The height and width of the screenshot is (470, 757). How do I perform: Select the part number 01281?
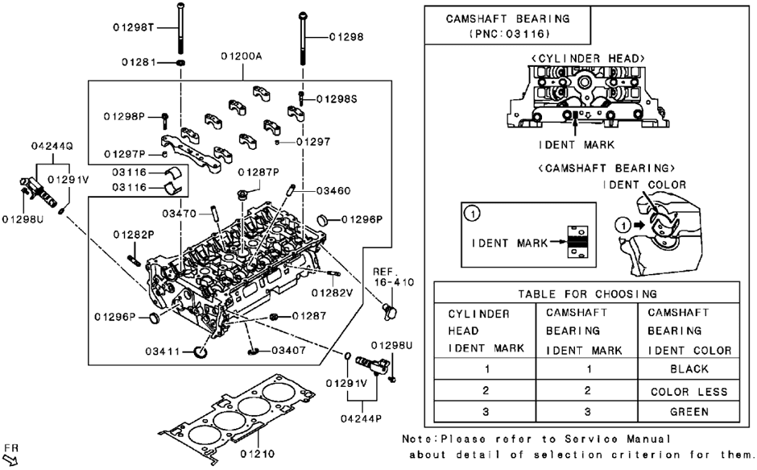pos(140,61)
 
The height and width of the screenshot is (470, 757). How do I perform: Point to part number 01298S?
pos(337,98)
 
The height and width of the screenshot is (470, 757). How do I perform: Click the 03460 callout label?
pos(332,192)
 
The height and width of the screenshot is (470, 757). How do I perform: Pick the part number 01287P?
pos(258,172)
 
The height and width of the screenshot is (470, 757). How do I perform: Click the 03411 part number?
pos(165,352)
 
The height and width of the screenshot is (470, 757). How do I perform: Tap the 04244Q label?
pos(52,147)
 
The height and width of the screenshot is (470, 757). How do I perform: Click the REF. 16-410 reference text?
pos(392,277)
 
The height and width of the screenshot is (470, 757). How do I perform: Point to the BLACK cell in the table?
pos(689,368)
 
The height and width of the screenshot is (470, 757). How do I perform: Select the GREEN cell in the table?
pos(689,411)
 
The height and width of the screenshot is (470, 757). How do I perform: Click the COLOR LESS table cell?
pos(689,391)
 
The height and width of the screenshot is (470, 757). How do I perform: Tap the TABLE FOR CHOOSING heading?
pos(587,293)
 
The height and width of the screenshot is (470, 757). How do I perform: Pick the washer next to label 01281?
pos(180,61)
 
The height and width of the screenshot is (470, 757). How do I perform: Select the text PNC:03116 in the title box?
pos(507,35)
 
